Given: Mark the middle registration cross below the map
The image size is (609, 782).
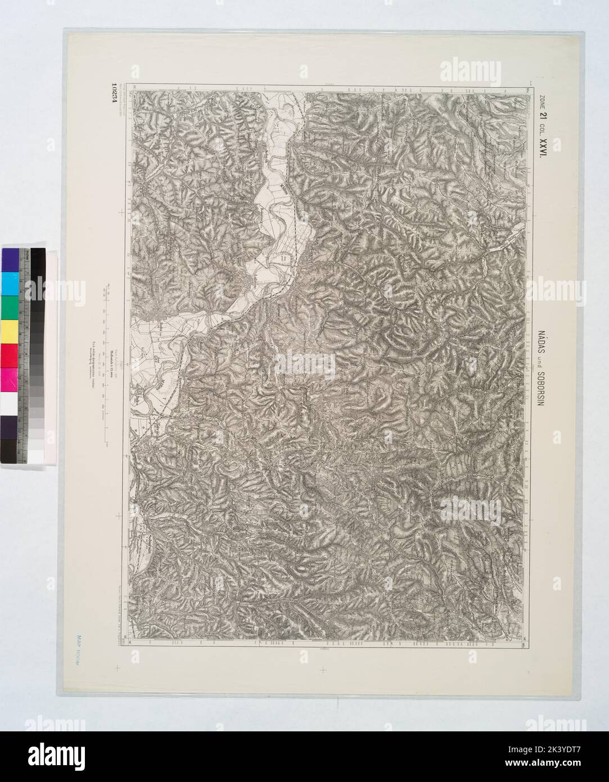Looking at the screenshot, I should point(323,669).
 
